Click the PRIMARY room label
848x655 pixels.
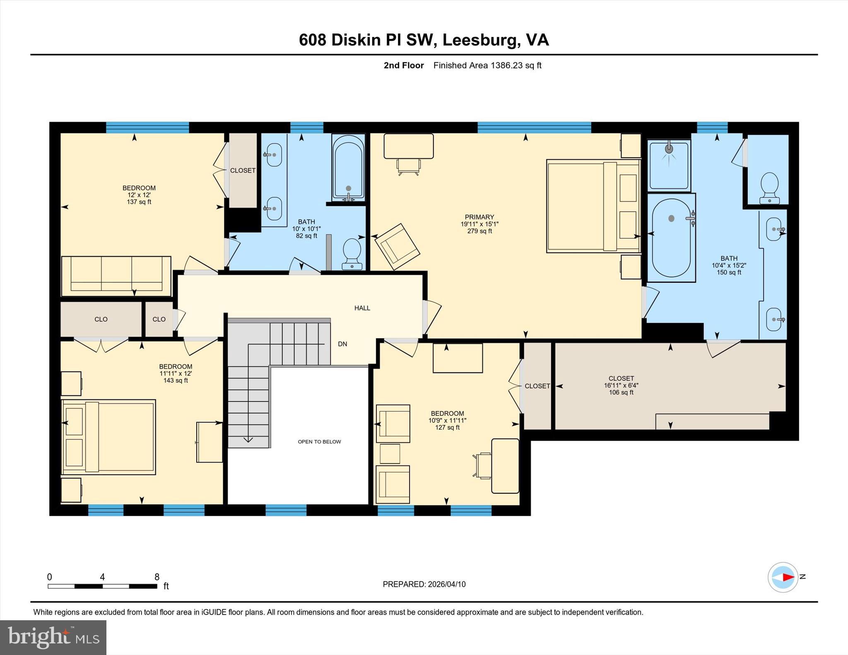tap(479, 217)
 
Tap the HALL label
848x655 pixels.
tap(362, 308)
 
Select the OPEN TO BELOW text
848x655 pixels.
tap(319, 441)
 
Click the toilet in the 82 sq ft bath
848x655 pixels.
tap(352, 254)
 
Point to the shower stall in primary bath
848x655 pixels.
tap(669, 165)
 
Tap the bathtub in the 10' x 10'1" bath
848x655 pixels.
tap(348, 167)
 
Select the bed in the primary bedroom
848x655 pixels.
tap(593, 206)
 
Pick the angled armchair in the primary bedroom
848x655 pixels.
tap(397, 247)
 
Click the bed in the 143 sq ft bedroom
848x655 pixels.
tap(108, 437)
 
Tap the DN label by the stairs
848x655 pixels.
tap(342, 344)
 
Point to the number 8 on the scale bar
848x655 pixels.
tap(157, 577)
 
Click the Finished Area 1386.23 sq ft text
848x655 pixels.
tap(487, 65)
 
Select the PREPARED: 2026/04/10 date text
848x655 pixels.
tap(424, 584)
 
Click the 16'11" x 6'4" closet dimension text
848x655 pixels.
tap(621, 385)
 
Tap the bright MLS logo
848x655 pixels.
tap(53, 637)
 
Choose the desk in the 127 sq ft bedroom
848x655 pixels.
tap(505, 466)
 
